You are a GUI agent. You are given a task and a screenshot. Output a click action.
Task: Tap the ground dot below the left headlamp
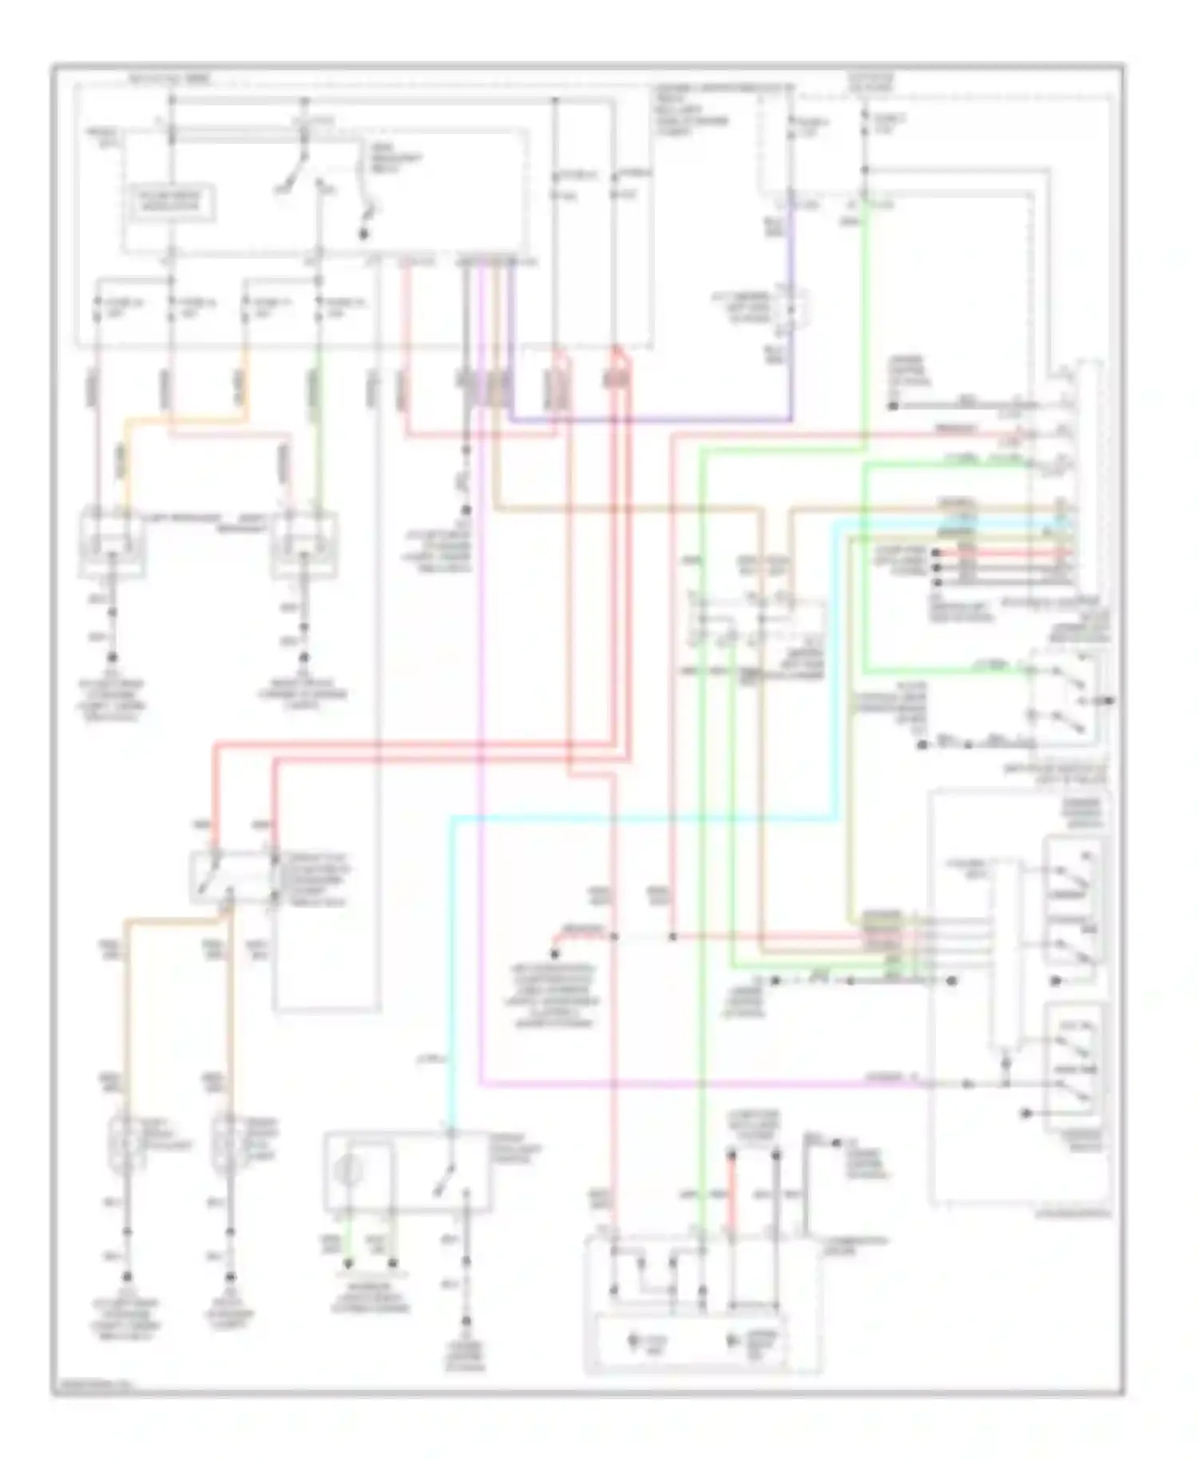pos(113,657)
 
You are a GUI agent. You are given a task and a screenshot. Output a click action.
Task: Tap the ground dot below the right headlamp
pos(304,657)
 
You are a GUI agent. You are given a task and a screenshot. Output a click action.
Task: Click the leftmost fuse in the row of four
pos(97,309)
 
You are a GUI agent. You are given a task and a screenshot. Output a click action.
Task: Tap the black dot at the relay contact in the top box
pos(363,234)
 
